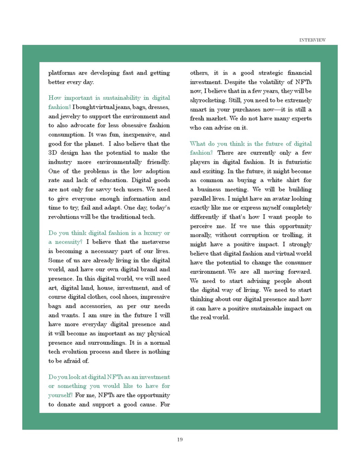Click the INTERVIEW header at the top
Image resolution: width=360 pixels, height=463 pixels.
pos(312,40)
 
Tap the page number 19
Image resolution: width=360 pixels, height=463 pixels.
pos(179,439)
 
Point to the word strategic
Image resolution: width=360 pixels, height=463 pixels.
pos(261,73)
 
